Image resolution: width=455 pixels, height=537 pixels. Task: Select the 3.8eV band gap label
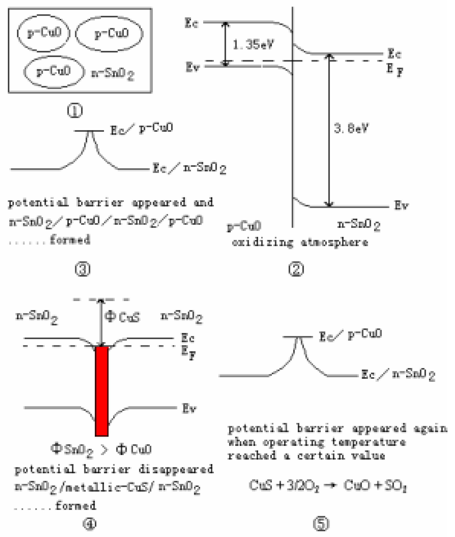[351, 128]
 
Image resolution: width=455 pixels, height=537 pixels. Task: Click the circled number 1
[75, 110]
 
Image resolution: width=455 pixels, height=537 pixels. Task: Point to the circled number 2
[296, 269]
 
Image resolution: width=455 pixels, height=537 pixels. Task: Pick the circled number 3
[83, 269]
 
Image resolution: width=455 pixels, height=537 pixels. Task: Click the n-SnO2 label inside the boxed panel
[113, 74]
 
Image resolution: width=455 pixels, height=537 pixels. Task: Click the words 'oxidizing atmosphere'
[300, 243]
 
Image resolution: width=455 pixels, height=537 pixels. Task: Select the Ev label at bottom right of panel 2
[401, 206]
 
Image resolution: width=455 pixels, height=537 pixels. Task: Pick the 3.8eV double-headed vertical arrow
[329, 130]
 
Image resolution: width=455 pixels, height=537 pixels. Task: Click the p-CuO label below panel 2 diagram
[244, 226]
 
